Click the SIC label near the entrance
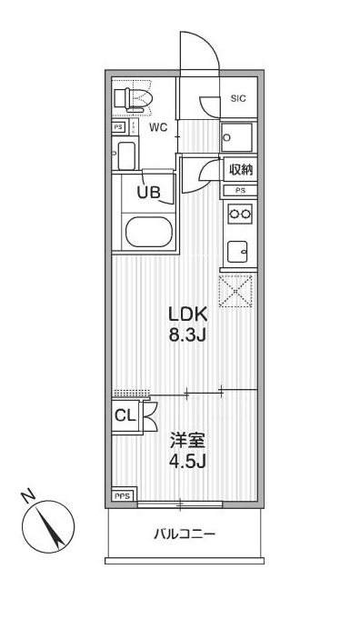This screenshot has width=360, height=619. click(238, 98)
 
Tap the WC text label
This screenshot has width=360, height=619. click(158, 127)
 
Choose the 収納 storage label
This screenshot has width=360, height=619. click(240, 170)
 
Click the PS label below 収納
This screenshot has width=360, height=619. click(240, 190)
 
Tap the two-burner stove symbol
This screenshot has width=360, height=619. click(240, 214)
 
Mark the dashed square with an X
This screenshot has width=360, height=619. click(238, 291)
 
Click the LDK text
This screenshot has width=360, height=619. click(189, 314)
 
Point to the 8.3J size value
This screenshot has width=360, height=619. click(189, 334)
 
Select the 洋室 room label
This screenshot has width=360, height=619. click(189, 441)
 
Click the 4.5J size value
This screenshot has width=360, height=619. click(189, 461)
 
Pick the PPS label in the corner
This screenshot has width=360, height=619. click(122, 495)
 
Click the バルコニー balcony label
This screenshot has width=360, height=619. click(184, 534)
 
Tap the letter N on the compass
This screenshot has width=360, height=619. click(29, 495)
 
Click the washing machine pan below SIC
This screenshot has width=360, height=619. click(239, 138)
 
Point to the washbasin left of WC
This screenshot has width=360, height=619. click(125, 156)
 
